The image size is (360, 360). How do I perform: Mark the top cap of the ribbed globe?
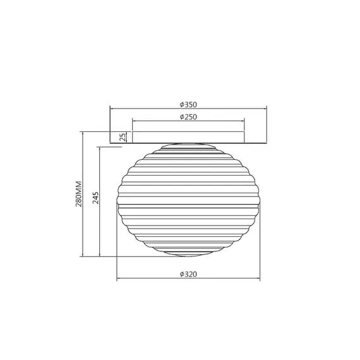coord(189,146)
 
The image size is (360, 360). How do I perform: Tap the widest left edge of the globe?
coord(117,201)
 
